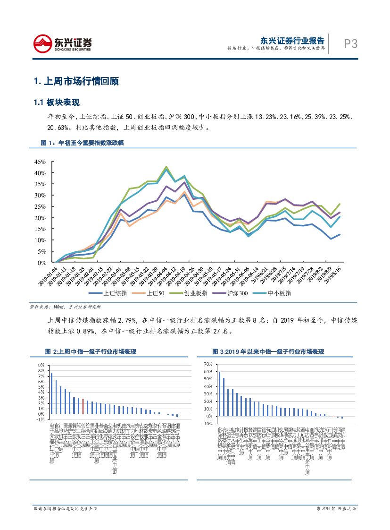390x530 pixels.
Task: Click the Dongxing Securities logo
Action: click(x=62, y=44)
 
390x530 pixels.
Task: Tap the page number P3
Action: click(x=350, y=44)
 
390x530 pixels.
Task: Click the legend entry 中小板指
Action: click(x=289, y=293)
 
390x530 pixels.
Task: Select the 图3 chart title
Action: click(x=268, y=352)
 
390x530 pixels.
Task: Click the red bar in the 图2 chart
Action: click(x=83, y=406)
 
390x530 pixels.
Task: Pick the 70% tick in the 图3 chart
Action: click(x=208, y=364)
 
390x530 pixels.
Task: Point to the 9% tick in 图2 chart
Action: click(x=41, y=365)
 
